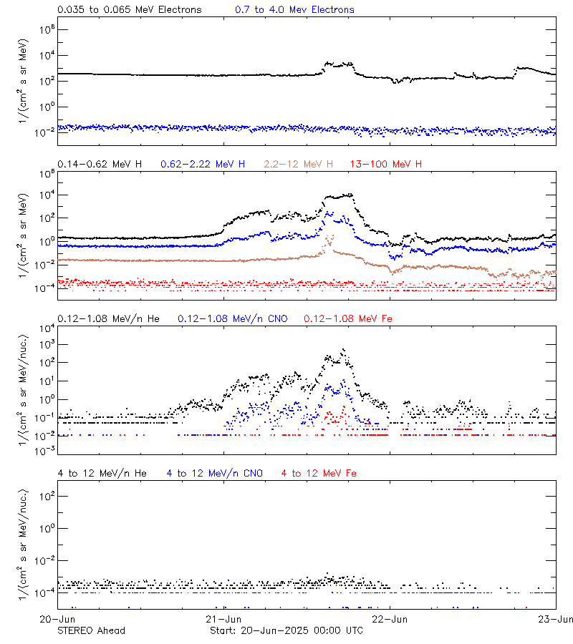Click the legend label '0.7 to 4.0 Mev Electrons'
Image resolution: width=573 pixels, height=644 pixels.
pos(294,10)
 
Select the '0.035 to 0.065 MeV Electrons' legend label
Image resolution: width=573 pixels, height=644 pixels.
pos(130,10)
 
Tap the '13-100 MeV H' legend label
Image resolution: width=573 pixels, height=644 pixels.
pos(386,165)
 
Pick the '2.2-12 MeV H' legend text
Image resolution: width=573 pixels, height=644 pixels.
pos(299,165)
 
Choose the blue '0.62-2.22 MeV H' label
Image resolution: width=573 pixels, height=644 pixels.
pos(203,165)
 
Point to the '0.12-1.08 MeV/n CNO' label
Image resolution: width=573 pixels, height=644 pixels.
pos(232,318)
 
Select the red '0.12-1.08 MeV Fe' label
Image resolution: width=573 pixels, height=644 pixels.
pos(348,318)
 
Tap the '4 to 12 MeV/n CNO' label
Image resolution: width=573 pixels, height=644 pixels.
pos(215,473)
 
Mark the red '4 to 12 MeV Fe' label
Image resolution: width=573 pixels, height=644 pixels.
pos(319,473)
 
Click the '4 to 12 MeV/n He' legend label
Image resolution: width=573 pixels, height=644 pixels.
pos(102,473)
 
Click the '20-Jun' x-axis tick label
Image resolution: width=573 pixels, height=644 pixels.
pos(57,618)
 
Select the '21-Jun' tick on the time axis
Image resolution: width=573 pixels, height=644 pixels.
pos(223,618)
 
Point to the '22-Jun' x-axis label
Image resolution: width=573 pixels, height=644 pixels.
pos(390,618)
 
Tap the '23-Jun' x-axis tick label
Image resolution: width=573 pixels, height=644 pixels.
pos(556,618)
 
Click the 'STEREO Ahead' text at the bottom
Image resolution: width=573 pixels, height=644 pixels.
pos(91,630)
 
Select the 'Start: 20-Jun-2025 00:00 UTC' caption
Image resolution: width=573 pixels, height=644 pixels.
pos(286,630)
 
